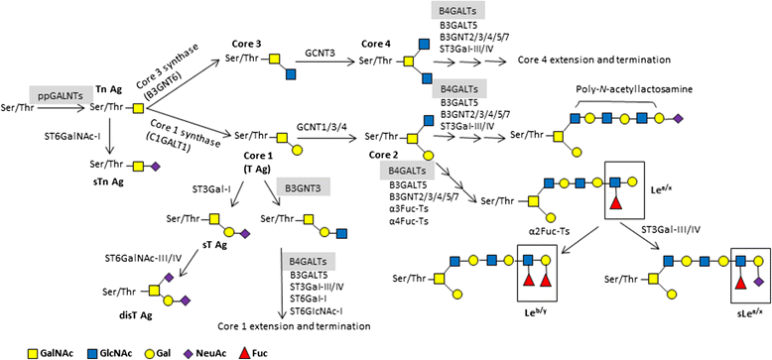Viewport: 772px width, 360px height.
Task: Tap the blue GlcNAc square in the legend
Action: [94, 350]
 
